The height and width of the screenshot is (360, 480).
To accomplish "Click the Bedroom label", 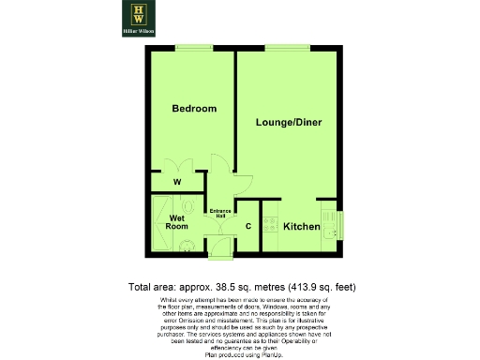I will (x=194, y=109).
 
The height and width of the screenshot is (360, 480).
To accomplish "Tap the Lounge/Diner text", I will (x=288, y=123).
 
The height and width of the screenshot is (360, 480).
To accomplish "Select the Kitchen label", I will (x=302, y=228).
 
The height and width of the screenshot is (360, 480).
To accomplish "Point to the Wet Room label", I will (x=178, y=222).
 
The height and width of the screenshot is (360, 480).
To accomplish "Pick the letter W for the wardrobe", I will (x=177, y=182).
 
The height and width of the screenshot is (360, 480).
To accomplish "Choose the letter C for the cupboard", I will (x=248, y=227).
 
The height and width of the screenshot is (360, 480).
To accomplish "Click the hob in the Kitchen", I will (x=270, y=225).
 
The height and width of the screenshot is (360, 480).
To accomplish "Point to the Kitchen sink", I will (x=329, y=231).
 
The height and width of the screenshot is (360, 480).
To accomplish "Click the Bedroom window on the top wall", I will (x=192, y=48).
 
